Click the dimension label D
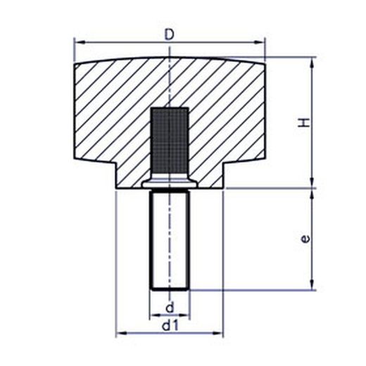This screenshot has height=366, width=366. [170, 34]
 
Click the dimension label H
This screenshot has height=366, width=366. [304, 122]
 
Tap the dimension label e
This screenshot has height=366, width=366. [305, 239]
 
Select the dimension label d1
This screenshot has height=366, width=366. [170, 326]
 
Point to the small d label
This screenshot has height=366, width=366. [170, 308]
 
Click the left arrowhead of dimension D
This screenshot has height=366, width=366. [79, 42]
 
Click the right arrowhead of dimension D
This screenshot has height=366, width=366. [260, 42]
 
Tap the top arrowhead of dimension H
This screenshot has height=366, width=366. [313, 63]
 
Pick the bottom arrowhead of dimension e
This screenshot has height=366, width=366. [313, 285]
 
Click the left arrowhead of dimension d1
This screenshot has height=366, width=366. [122, 333]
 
